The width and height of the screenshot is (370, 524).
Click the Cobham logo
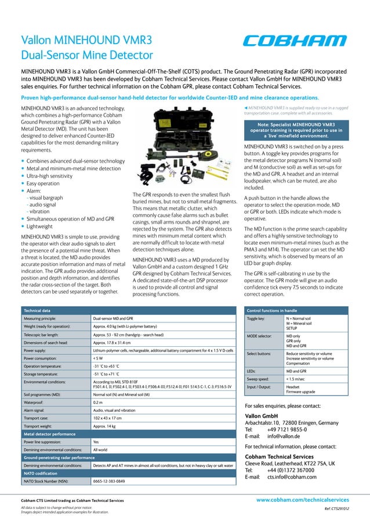point(294,41)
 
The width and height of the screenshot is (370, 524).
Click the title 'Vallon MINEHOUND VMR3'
point(86,40)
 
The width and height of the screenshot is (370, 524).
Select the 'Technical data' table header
point(40,311)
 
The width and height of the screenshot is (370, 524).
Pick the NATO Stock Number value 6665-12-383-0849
point(109,481)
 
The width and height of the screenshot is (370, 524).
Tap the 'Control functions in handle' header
point(275,311)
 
